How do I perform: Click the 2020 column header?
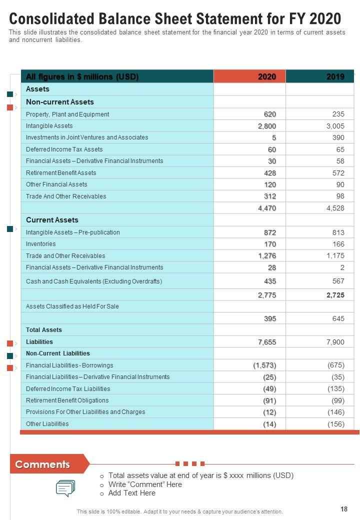click(267, 76)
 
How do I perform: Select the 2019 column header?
click(335, 76)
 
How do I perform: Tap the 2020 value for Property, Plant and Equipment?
click(270, 114)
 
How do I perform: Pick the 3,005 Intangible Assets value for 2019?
click(335, 126)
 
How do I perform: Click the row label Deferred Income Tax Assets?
click(64, 149)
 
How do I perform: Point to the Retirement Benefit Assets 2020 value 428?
click(270, 173)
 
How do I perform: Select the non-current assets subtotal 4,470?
click(267, 208)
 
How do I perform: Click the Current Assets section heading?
click(52, 220)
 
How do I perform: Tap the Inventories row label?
click(41, 244)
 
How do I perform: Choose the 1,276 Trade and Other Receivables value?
click(267, 256)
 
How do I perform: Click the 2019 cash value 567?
click(338, 281)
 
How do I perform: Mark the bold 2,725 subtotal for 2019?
click(335, 295)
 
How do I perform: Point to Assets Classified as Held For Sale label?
click(72, 306)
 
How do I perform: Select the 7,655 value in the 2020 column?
click(267, 342)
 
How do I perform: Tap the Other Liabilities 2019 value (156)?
click(336, 424)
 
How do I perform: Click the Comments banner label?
click(42, 464)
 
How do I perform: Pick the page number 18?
click(344, 509)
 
